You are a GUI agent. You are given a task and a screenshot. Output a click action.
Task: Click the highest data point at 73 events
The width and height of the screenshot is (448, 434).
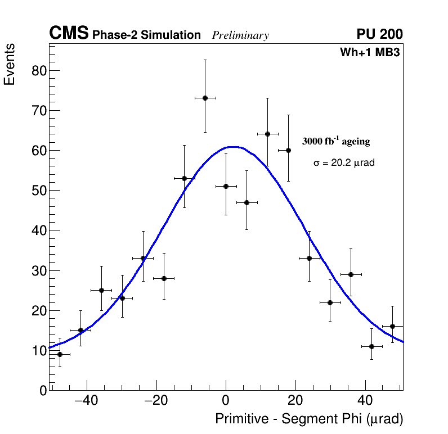tap(205, 98)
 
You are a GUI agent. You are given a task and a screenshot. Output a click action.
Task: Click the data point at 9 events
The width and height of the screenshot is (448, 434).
tap(60, 354)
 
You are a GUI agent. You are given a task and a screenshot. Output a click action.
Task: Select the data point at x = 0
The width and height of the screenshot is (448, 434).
tap(226, 186)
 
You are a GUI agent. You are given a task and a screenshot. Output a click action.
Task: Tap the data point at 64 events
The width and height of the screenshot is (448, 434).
tap(267, 134)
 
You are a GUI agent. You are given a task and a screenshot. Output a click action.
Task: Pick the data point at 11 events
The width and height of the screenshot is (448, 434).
tap(371, 346)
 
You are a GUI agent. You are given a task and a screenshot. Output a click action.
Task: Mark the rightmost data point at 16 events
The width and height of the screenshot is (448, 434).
tap(392, 326)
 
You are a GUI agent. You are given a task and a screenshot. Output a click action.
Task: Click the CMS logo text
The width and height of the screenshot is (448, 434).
tap(69, 34)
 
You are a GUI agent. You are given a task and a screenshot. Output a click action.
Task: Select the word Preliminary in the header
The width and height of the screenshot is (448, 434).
tap(240, 35)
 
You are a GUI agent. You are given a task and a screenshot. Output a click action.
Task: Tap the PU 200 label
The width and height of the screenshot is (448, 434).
tap(379, 34)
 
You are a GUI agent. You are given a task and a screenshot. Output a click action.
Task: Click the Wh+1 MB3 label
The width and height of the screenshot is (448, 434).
tap(370, 53)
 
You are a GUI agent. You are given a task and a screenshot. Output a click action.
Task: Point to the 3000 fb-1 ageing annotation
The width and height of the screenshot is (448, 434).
tap(336, 141)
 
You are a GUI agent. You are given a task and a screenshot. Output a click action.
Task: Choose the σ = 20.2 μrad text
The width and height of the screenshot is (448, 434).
tap(344, 163)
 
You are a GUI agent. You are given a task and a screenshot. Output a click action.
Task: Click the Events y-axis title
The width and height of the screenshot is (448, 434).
tap(10, 64)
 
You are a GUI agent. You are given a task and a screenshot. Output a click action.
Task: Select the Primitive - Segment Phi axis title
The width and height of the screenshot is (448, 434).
tap(309, 419)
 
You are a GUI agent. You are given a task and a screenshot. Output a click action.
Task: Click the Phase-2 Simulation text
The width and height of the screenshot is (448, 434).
tap(146, 35)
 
